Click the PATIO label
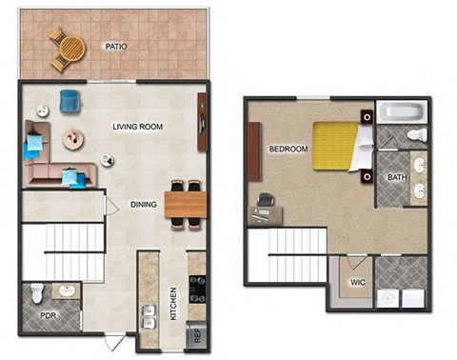pyautogui.click(x=117, y=46)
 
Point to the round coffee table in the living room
pyautogui.click(x=73, y=139)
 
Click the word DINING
pyautogui.click(x=144, y=203)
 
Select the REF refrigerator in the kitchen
pyautogui.click(x=198, y=332)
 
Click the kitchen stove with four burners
pyautogui.click(x=197, y=287)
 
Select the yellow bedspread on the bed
pyautogui.click(x=335, y=144)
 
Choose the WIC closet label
pyautogui.click(x=357, y=283)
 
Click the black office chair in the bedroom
pyautogui.click(x=264, y=202)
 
